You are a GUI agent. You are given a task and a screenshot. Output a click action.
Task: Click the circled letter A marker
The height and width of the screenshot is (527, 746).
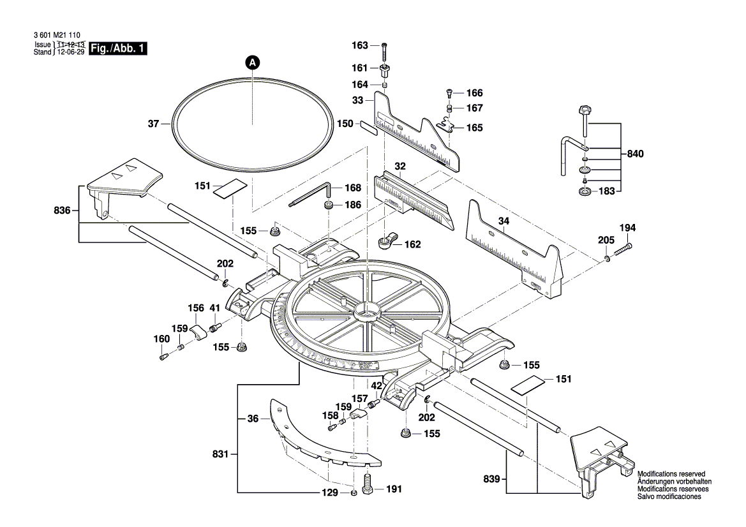253,63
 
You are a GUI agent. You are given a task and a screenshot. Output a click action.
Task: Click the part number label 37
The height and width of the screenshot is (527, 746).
153,124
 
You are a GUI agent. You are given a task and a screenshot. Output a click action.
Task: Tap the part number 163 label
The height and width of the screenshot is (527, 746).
360,45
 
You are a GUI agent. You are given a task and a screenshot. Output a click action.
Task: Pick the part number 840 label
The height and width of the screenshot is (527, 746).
636,154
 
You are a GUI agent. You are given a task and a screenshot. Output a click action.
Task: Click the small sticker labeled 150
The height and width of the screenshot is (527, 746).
369,126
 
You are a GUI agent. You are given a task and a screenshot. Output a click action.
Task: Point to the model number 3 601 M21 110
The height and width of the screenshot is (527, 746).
56,36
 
